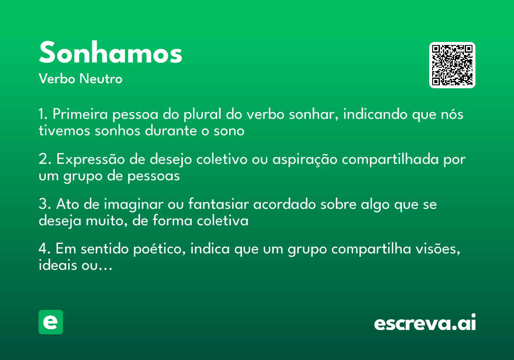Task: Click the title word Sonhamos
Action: click(x=111, y=53)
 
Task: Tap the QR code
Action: click(x=452, y=65)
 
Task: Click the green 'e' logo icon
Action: click(x=51, y=322)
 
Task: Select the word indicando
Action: click(x=376, y=115)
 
